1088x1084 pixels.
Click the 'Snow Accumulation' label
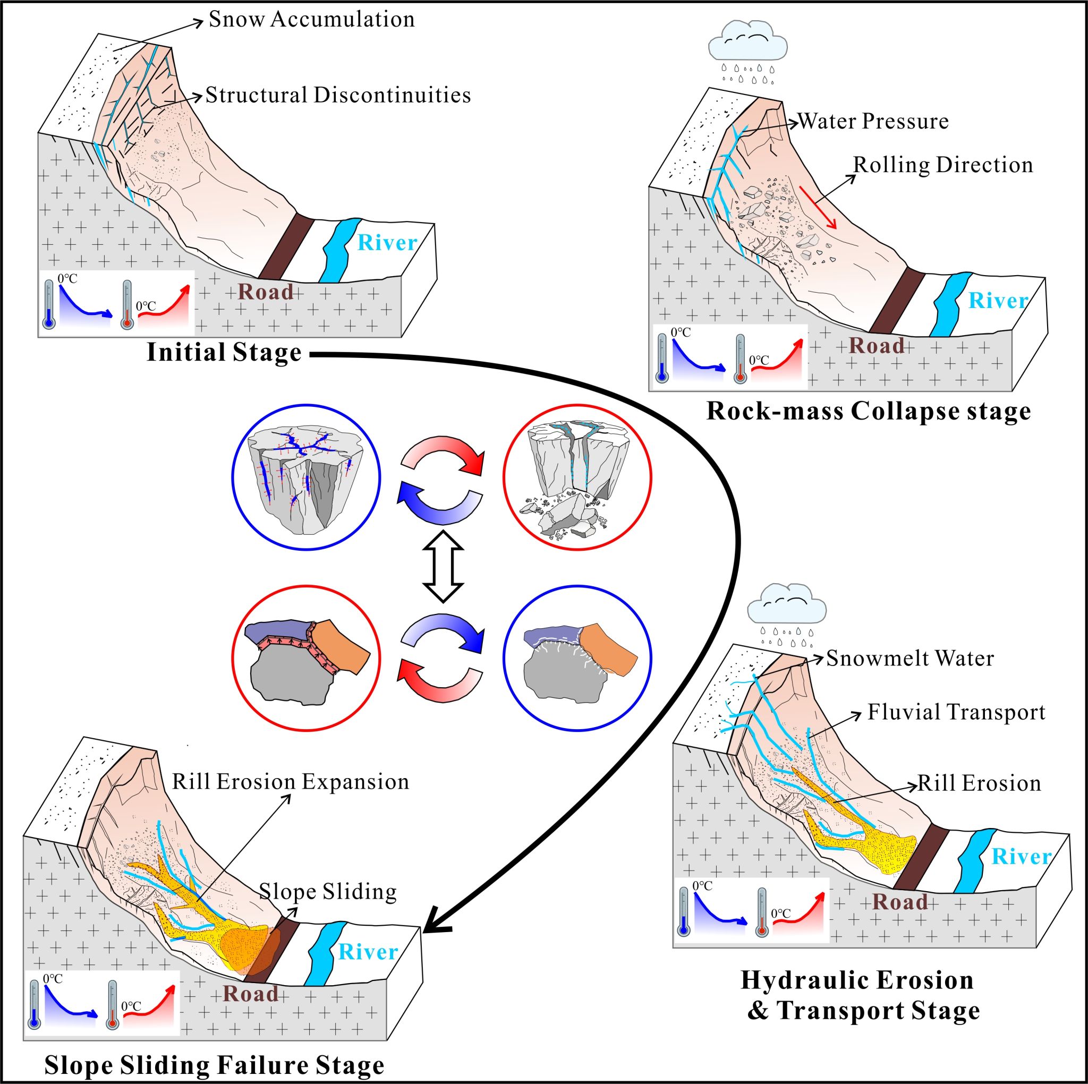tap(311, 20)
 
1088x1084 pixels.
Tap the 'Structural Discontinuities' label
tap(338, 95)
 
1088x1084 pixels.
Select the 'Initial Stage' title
tap(224, 353)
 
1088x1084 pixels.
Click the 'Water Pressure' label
tap(873, 122)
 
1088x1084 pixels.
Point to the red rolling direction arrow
tap(818, 207)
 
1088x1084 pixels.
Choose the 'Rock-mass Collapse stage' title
tap(869, 412)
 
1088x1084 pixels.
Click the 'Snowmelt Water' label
tap(910, 658)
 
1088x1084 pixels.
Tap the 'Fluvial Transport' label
tap(956, 712)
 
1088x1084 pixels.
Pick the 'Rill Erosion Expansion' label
tap(291, 782)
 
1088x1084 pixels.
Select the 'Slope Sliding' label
tap(328, 891)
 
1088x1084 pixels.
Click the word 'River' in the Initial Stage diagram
tap(387, 243)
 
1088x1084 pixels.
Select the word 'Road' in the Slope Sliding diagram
tap(251, 994)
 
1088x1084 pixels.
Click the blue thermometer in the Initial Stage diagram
tap(49, 304)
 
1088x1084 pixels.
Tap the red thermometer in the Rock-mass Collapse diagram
tap(740, 359)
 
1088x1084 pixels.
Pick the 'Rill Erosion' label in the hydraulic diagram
tap(979, 783)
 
